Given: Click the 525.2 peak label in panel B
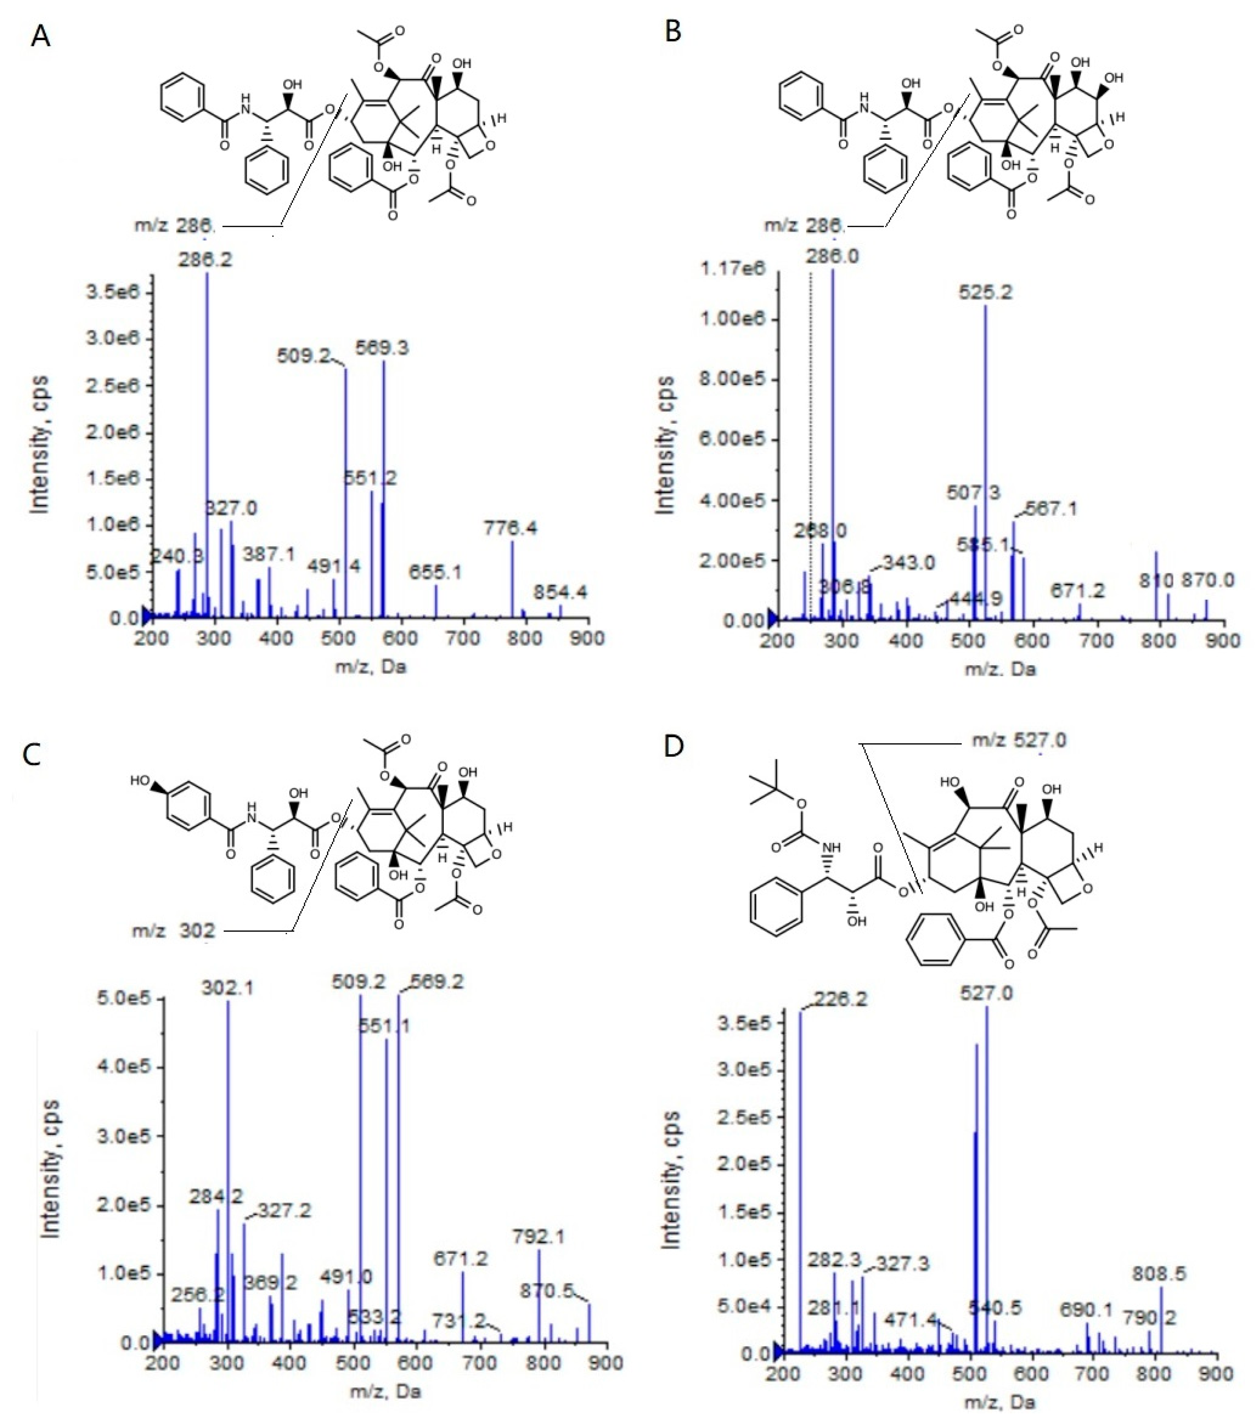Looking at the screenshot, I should pos(985,292).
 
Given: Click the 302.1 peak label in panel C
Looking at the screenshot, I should pos(228,988).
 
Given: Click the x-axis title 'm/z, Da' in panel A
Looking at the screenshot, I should pos(370,667).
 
